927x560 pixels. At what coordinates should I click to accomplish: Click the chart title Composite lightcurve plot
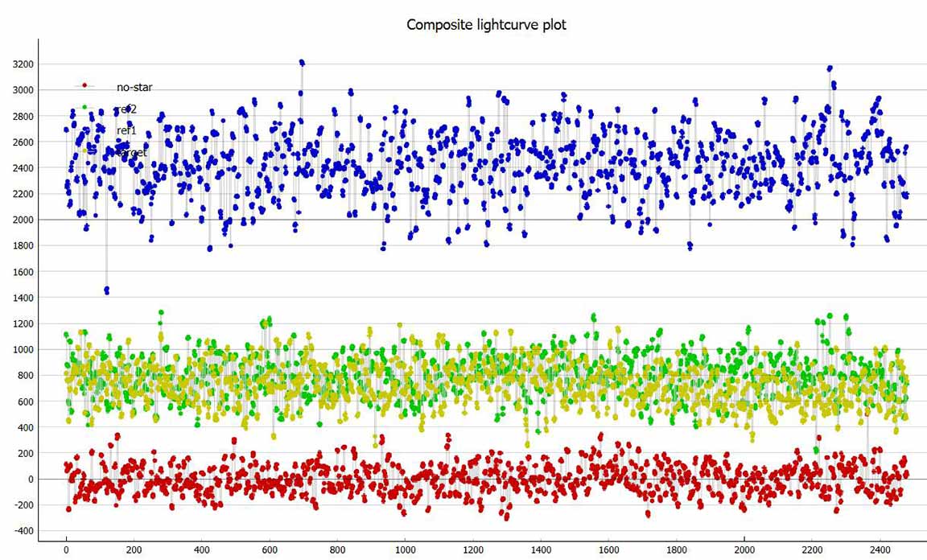(486, 24)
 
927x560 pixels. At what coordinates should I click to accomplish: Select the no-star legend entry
(134, 86)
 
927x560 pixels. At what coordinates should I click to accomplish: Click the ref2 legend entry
(126, 108)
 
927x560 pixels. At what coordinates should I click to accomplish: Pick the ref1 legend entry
(126, 130)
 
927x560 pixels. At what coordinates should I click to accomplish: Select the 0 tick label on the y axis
(31, 480)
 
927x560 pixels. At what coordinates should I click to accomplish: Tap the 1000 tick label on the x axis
(405, 551)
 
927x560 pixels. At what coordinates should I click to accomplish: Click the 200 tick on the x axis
(134, 551)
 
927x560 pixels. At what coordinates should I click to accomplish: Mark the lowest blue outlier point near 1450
(106, 290)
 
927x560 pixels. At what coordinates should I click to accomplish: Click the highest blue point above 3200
(302, 62)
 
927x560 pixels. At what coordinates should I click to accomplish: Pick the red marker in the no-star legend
(84, 86)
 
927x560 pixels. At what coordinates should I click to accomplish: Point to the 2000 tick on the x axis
(744, 551)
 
